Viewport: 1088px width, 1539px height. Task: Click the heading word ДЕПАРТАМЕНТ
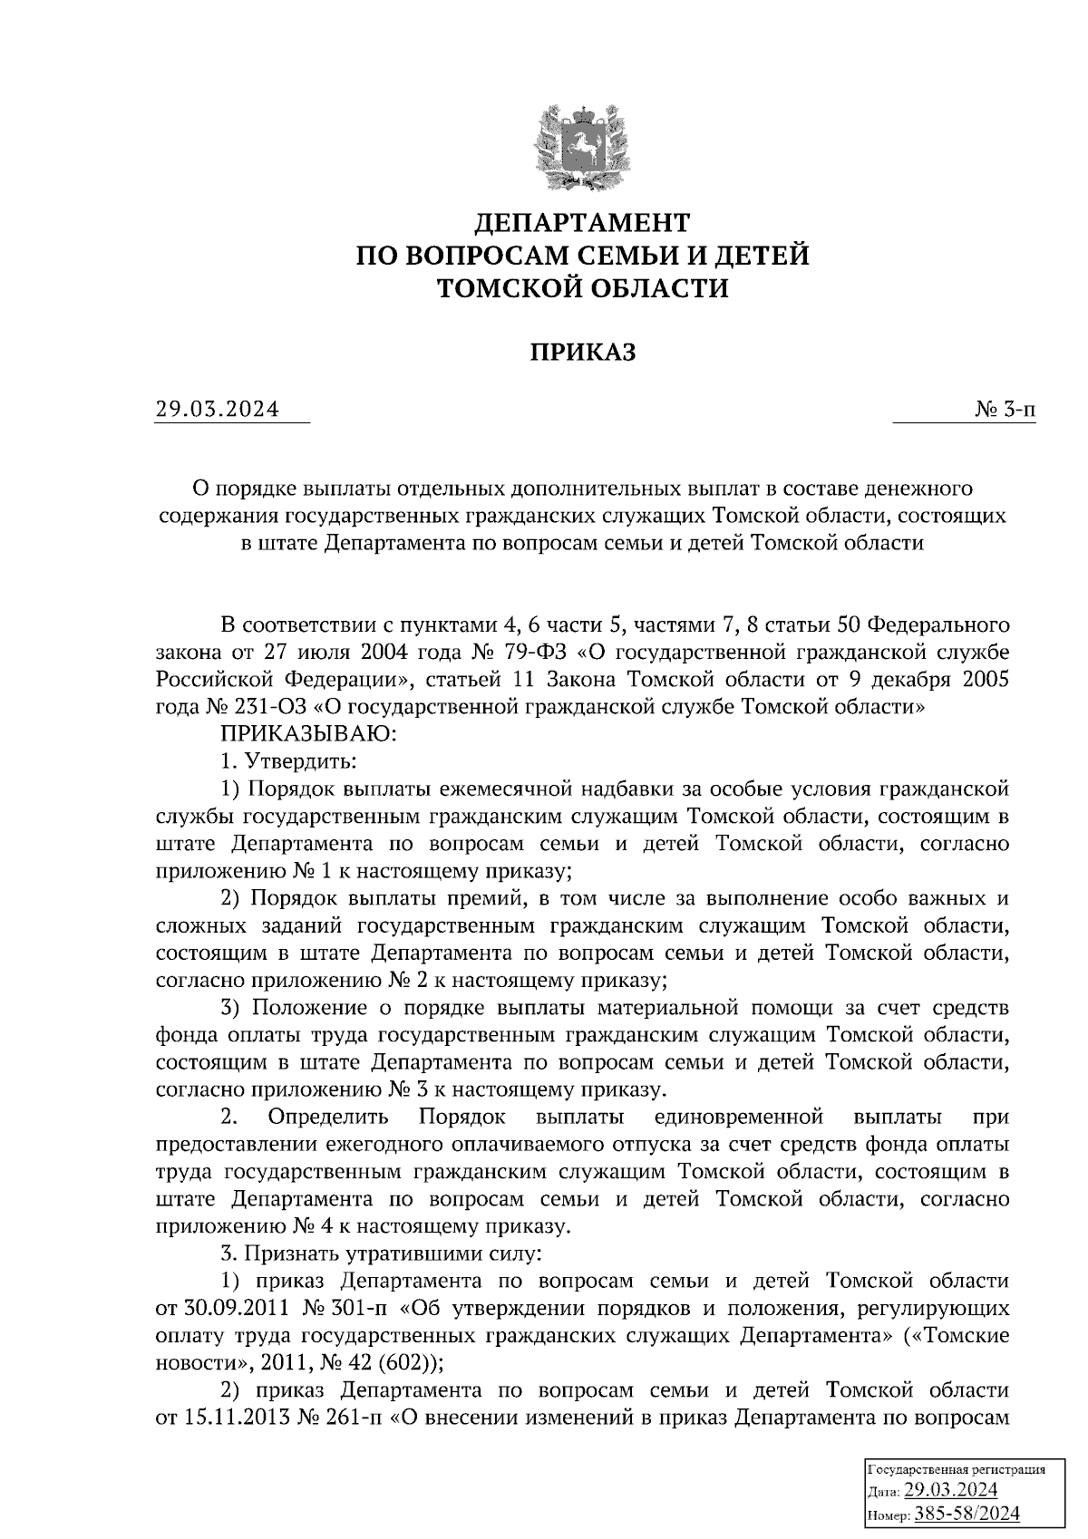pos(583,222)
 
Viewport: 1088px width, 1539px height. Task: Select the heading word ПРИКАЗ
pos(583,352)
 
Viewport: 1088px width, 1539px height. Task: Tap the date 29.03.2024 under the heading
pos(217,411)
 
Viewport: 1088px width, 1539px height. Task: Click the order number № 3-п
pos(1005,411)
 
